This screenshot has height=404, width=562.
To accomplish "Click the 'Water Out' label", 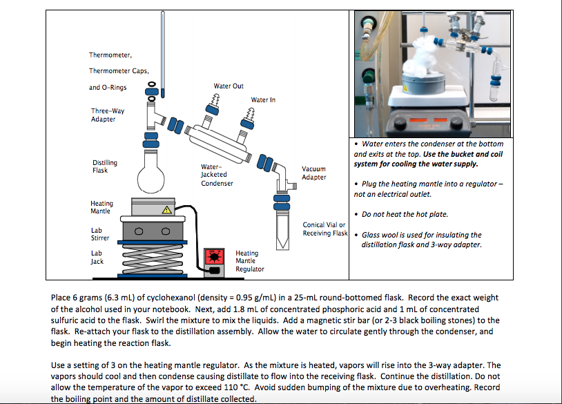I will pos(228,86).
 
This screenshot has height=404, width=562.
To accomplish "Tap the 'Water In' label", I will pos(263,100).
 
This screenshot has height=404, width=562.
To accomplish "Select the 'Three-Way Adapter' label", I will pos(104,115).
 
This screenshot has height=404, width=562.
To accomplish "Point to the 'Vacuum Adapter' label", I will pos(314,173).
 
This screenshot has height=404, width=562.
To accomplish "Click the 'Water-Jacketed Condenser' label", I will pos(217,175).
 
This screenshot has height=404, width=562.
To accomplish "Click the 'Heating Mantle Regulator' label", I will pos(249,261).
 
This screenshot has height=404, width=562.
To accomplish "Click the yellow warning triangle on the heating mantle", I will pos(166,210).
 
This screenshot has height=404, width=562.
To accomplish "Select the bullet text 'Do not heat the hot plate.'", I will pos(405,214).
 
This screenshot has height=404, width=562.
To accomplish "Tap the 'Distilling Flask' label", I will pos(105,166).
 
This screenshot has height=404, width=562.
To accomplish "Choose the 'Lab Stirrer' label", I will pos(100,233).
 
